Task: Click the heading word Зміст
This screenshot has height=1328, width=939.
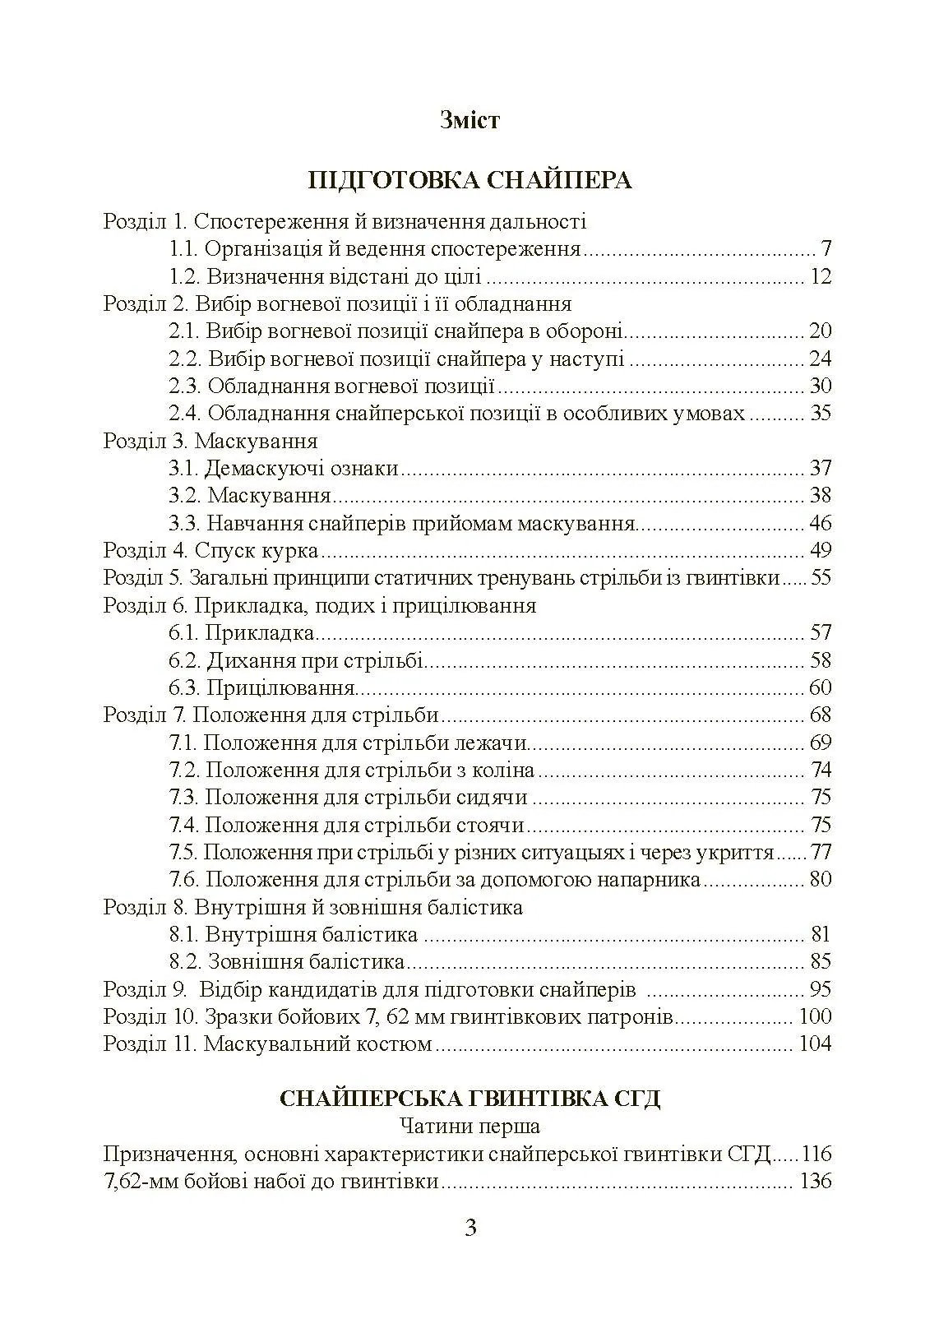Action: pyautogui.click(x=469, y=121)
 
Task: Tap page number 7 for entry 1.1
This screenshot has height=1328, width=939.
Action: pyautogui.click(x=826, y=248)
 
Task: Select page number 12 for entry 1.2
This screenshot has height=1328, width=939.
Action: pyautogui.click(x=821, y=276)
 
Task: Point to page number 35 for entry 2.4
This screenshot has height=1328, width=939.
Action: pyautogui.click(x=821, y=413)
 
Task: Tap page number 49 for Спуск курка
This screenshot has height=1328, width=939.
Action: pyautogui.click(x=821, y=550)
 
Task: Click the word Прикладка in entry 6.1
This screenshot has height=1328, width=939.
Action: pyautogui.click(x=259, y=632)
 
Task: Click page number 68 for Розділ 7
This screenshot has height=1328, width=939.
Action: pyautogui.click(x=821, y=715)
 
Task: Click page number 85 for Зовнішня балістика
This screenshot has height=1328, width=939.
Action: pyautogui.click(x=821, y=961)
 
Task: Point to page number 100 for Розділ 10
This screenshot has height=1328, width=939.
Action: pyautogui.click(x=815, y=1016)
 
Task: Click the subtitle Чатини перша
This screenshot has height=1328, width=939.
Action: pyautogui.click(x=469, y=1126)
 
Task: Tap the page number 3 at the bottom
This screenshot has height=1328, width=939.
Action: pyautogui.click(x=470, y=1229)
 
